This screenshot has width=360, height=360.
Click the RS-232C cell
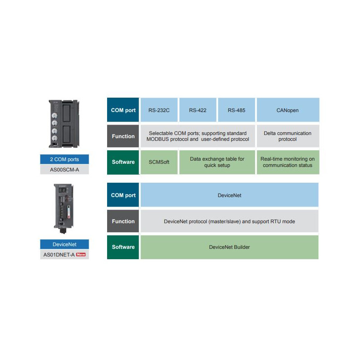(x=159, y=110)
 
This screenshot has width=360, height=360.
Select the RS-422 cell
(x=198, y=110)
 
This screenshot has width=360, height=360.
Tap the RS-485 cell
(x=236, y=110)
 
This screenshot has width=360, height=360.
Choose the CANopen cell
(x=288, y=110)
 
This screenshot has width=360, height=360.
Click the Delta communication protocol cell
(x=288, y=136)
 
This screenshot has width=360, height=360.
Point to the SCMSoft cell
(x=159, y=162)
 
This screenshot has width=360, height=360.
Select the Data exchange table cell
(x=217, y=162)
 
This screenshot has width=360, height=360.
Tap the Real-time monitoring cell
(x=288, y=162)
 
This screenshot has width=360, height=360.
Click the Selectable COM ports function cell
(x=198, y=136)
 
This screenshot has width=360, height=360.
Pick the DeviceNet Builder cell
(x=229, y=247)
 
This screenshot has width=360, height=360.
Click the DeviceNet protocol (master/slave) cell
(x=229, y=221)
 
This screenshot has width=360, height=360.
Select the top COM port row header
(x=123, y=110)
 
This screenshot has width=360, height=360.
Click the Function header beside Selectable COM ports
(x=123, y=136)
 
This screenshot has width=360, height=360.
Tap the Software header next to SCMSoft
(x=123, y=162)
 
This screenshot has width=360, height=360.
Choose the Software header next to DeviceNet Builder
(x=123, y=247)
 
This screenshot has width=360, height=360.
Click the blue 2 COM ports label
(x=64, y=159)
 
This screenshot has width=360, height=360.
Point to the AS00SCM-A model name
(x=64, y=170)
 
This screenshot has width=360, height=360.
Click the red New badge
(x=81, y=255)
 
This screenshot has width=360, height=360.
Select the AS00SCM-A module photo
(x=64, y=124)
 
